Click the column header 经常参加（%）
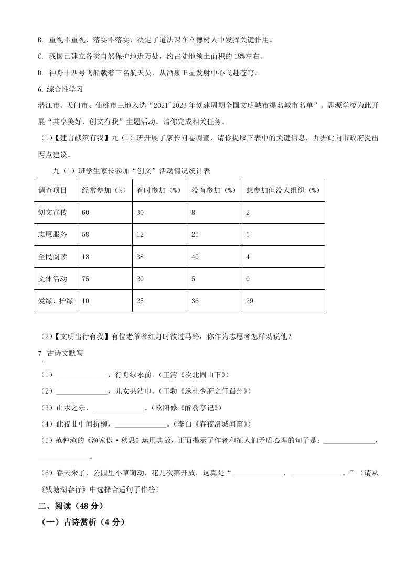click(105, 190)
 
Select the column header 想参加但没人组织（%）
click(283, 190)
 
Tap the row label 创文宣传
click(53, 212)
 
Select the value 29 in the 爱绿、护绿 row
click(250, 301)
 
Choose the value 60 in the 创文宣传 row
click(86, 212)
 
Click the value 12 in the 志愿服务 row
click(140, 235)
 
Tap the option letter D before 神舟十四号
click(41, 73)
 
